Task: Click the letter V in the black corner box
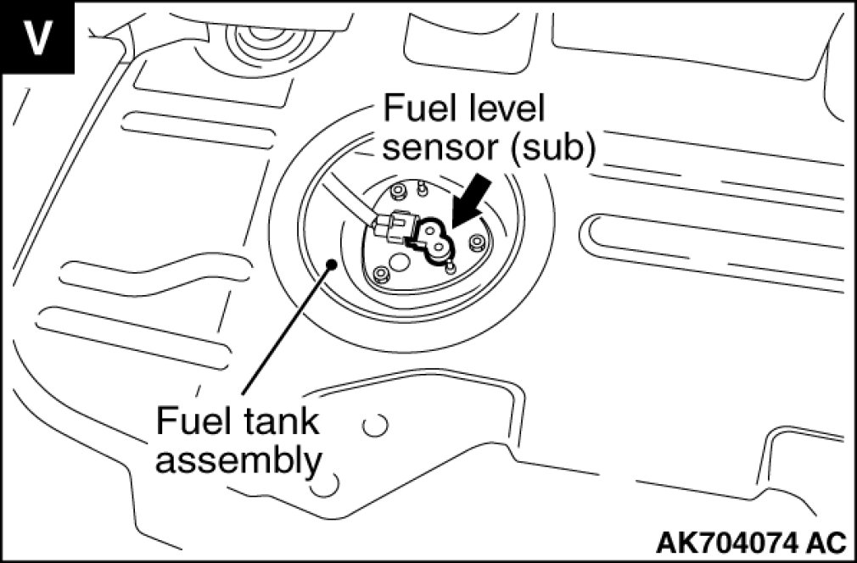click(36, 37)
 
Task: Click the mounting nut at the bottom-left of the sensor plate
click(382, 274)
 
